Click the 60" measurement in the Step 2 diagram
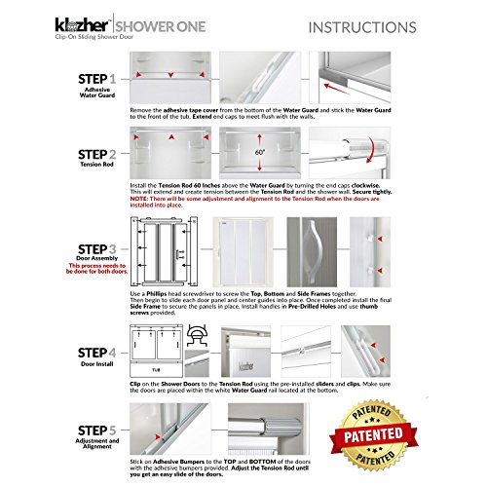tap(258, 155)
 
